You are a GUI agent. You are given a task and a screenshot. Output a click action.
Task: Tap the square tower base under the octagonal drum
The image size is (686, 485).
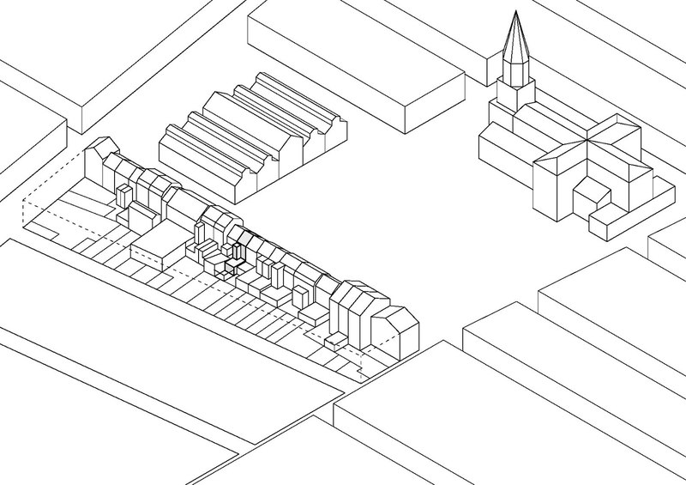pos(516,96)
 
